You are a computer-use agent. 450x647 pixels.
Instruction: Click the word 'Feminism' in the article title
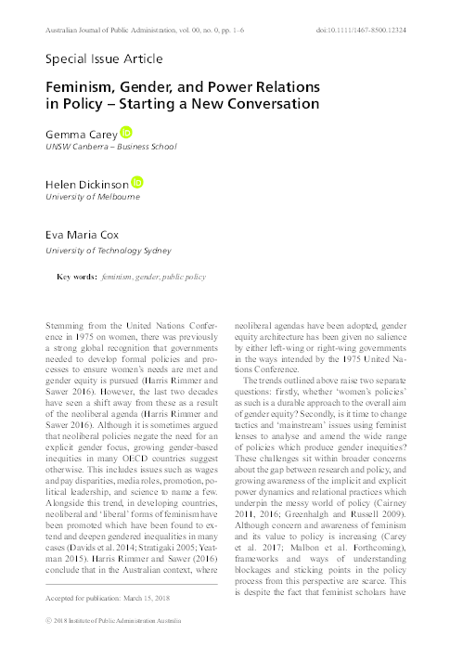tap(86, 85)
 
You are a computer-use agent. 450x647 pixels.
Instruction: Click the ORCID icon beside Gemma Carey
tap(127, 134)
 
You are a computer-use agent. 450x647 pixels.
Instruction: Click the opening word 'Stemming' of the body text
tap(65, 325)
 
